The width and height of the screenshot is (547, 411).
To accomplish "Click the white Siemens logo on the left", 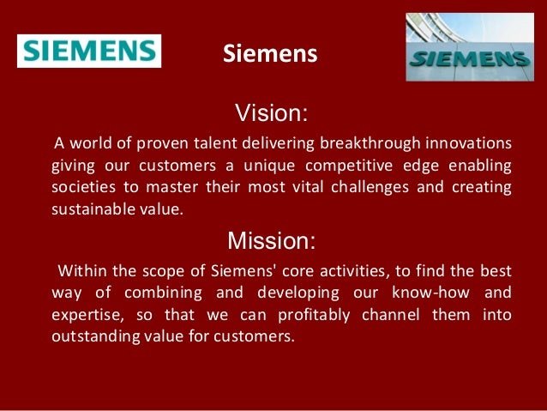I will pos(89,50).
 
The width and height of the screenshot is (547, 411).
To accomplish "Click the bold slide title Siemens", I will pos(270,55).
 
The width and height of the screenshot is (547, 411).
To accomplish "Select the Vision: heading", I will pos(272,113).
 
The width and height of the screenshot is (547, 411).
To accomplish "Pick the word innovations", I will pos(470,142).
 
